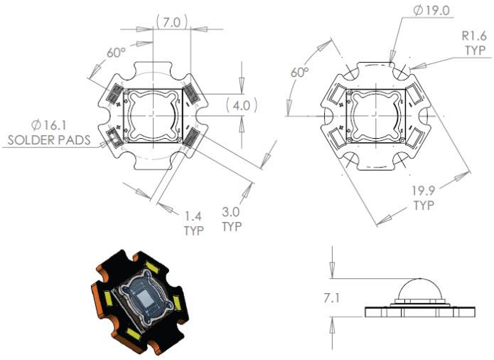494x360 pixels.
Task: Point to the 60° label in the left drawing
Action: coord(116,53)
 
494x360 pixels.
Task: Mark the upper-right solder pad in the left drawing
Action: coord(190,94)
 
